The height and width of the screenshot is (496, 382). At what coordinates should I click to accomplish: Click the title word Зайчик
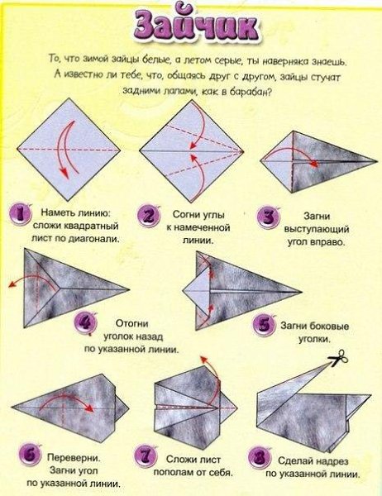coord(196,26)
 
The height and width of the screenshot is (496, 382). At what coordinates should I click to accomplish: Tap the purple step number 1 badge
coord(21,215)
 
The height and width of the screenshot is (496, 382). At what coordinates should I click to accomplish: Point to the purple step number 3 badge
coord(268,217)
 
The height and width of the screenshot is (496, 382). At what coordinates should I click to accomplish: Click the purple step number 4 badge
coord(85,322)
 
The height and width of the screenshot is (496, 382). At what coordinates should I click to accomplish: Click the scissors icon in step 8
coord(338,357)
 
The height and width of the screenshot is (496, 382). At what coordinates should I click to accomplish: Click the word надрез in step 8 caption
coord(329,460)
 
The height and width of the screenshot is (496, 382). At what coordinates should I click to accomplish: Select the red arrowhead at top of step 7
coord(204,360)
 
